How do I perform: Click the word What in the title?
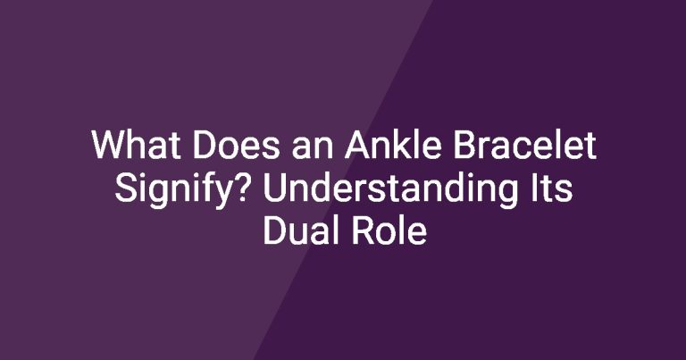pyautogui.click(x=136, y=146)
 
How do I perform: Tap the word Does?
pyautogui.click(x=236, y=146)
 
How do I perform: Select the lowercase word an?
pyautogui.click(x=312, y=149)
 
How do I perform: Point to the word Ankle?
pyautogui.click(x=393, y=145)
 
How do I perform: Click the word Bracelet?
pyautogui.click(x=524, y=145)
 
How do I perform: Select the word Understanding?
pyautogui.click(x=390, y=191)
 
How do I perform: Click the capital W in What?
pyautogui.click(x=110, y=145)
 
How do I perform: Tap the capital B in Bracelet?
pyautogui.click(x=464, y=145)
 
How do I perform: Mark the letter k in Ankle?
pyautogui.click(x=401, y=145)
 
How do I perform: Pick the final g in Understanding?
pyautogui.click(x=507, y=195)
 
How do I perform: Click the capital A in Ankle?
pyautogui.click(x=357, y=145)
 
